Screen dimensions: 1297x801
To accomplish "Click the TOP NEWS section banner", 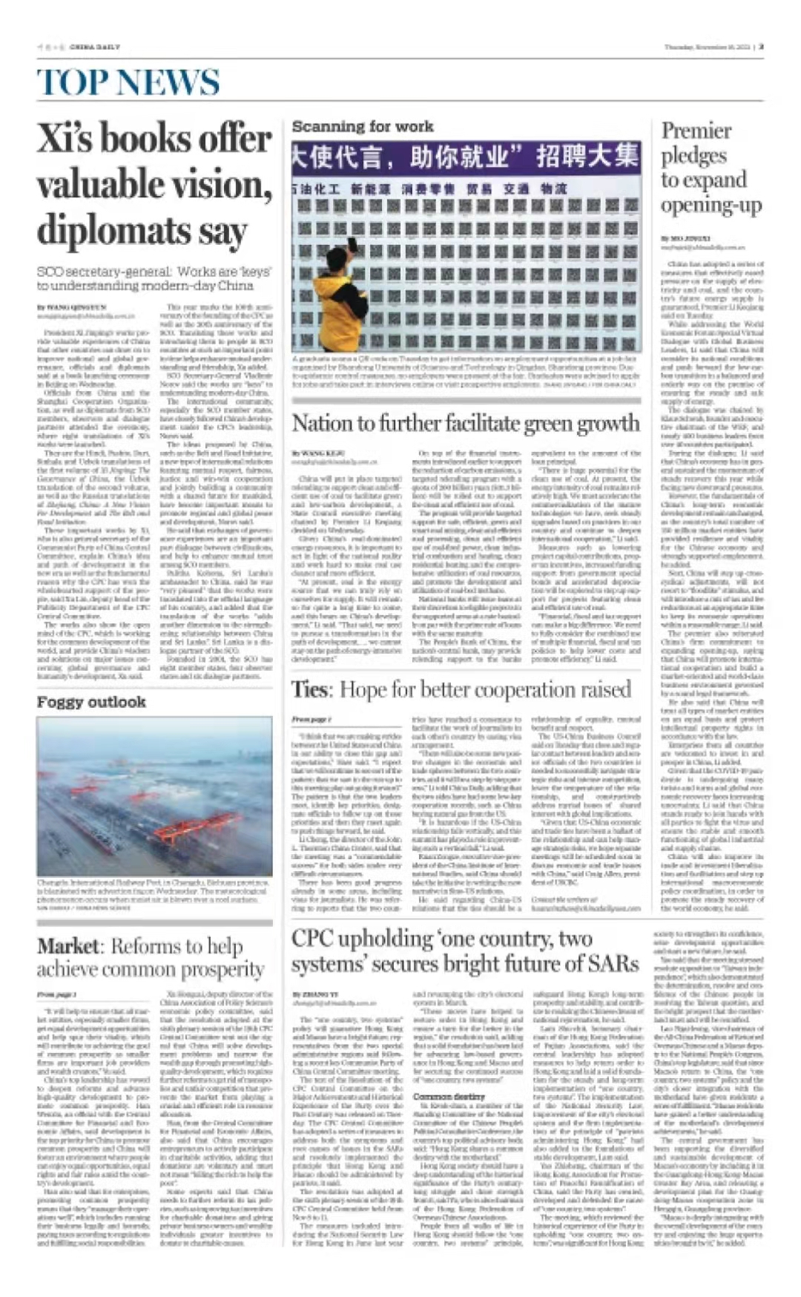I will (x=128, y=82).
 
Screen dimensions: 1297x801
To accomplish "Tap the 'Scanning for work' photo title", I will (x=362, y=127).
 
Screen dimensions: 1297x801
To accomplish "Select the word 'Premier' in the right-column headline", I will (x=696, y=131).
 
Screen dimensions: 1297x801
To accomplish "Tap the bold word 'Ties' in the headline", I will (x=309, y=689).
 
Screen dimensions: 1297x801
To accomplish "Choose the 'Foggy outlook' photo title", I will (x=91, y=702).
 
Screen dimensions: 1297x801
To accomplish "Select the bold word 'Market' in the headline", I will (x=67, y=946).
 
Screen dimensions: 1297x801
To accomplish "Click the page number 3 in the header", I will (x=761, y=47).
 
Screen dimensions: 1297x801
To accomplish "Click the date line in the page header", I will (x=707, y=47).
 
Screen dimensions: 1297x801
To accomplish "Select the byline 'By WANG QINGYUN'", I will (x=71, y=306).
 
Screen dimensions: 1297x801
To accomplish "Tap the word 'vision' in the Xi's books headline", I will (x=227, y=184).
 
